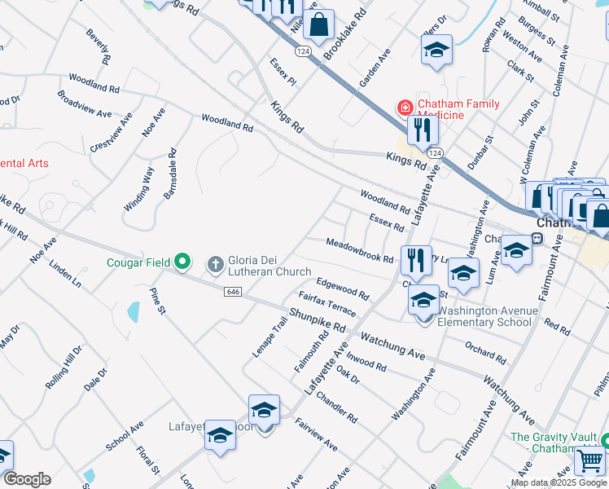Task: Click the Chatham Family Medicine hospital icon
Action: click(x=404, y=108)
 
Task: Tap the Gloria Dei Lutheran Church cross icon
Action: click(x=216, y=262)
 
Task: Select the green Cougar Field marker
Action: click(x=183, y=262)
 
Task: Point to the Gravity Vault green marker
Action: click(x=603, y=438)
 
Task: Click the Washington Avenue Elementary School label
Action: click(x=488, y=316)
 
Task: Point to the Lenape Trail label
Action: click(x=271, y=337)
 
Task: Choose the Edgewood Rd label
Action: click(x=343, y=287)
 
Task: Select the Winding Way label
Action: click(x=138, y=189)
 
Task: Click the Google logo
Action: click(x=27, y=479)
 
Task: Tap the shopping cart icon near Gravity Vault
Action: click(x=589, y=460)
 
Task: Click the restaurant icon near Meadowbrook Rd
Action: click(x=416, y=260)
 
